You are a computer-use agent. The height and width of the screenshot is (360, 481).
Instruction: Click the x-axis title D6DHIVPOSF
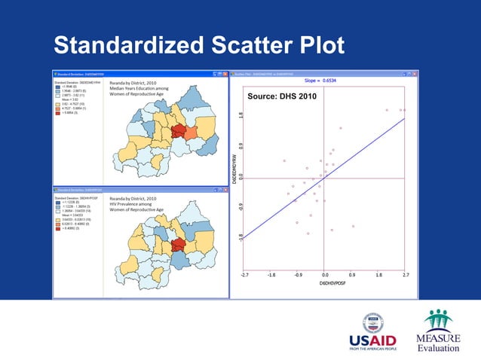[x=325, y=284]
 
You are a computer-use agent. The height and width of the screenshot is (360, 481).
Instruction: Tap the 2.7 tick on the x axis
[x=406, y=276]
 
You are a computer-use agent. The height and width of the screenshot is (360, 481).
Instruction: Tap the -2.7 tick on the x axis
[x=244, y=276]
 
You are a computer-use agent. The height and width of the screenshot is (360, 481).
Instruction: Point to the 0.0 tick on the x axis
[x=325, y=276]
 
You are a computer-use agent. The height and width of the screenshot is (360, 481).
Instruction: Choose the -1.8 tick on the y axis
[x=240, y=236]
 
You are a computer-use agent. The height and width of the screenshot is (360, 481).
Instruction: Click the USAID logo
[x=372, y=332]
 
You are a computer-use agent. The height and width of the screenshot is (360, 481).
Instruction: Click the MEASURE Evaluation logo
[x=437, y=332]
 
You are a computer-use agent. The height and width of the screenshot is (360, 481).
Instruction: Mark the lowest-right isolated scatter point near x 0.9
[x=353, y=226]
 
